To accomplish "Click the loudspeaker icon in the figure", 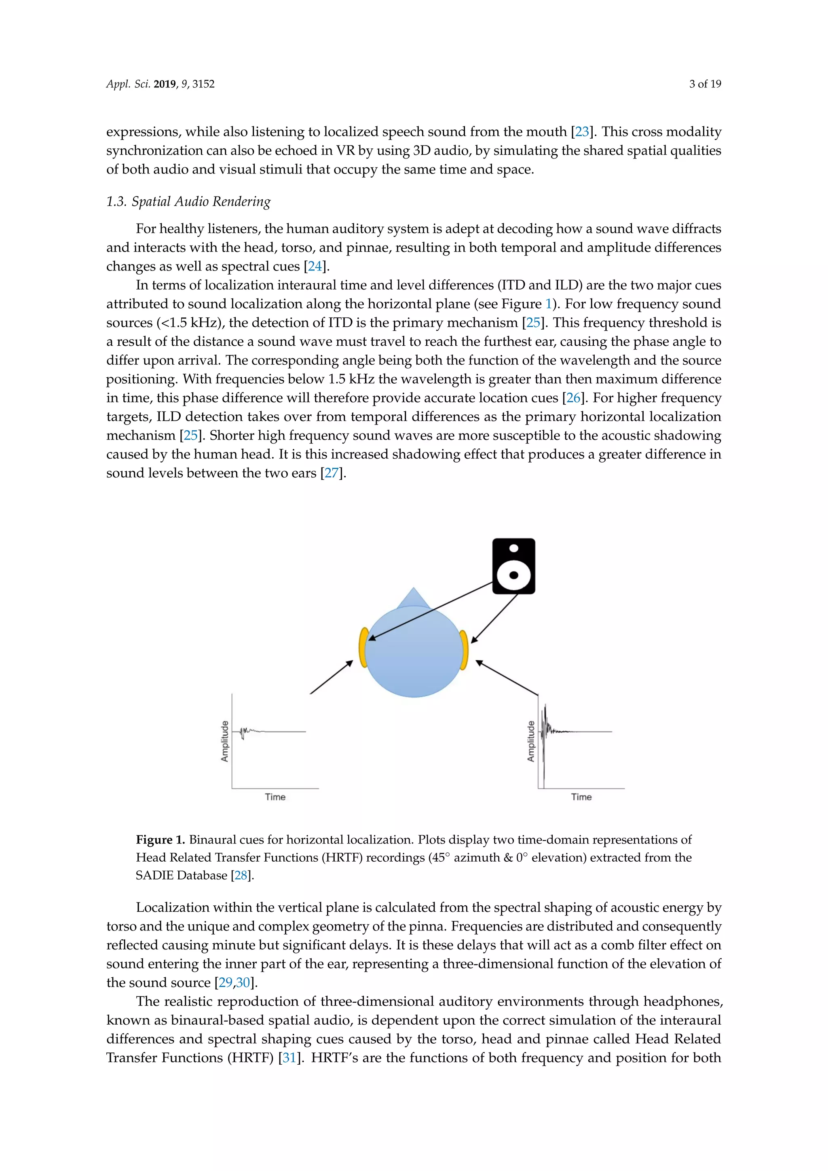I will [513, 566].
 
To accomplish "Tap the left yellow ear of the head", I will [363, 648].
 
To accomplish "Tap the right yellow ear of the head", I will [463, 650].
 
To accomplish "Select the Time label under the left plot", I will [275, 797].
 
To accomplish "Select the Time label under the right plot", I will [581, 797].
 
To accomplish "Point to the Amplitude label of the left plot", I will [225, 741].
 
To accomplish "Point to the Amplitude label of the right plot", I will [531, 741].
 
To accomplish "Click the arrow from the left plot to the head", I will [332, 677].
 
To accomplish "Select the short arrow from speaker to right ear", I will [494, 618].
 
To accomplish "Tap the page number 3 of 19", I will [705, 84].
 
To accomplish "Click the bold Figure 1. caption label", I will [160, 839].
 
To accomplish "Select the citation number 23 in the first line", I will [582, 131].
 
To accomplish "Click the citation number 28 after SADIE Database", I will [241, 875].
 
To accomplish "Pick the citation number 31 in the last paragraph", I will [289, 1057].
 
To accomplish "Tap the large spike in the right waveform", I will [544, 750].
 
